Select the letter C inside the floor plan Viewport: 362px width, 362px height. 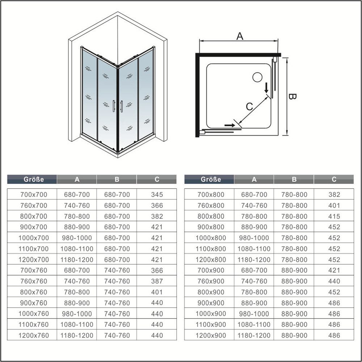(x=249, y=106)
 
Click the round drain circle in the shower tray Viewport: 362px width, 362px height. (x=257, y=77)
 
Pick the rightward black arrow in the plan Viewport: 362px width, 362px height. (x=229, y=125)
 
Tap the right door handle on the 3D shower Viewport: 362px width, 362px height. (x=122, y=106)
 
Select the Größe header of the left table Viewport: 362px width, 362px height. (x=34, y=179)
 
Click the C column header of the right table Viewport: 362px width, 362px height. (x=334, y=179)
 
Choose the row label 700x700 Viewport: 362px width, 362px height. (x=33, y=194)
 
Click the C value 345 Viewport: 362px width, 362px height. (x=157, y=194)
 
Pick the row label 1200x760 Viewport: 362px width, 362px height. (x=33, y=335)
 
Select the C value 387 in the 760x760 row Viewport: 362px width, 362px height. (x=157, y=281)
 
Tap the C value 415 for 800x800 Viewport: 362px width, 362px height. (x=334, y=216)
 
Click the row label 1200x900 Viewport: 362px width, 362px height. (x=211, y=335)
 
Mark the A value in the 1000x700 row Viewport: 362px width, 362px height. (x=77, y=238)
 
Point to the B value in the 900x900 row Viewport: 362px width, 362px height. (x=294, y=303)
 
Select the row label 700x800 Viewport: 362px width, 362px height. (x=211, y=194)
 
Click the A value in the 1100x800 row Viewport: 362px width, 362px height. (x=254, y=249)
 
